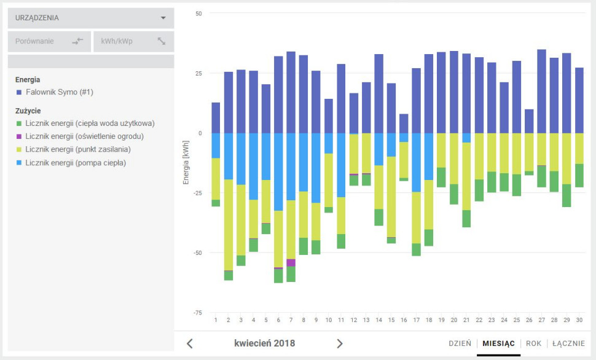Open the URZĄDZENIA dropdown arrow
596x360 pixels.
pyautogui.click(x=163, y=18)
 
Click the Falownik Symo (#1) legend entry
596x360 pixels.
pyautogui.click(x=59, y=92)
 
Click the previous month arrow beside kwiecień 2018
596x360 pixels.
pyautogui.click(x=190, y=343)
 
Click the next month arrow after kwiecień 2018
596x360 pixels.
pyautogui.click(x=340, y=343)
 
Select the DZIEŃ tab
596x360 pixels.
pyautogui.click(x=460, y=343)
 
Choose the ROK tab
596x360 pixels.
pyautogui.click(x=533, y=343)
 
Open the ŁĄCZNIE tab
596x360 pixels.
pyautogui.click(x=568, y=343)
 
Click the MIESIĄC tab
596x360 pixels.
pyautogui.click(x=498, y=343)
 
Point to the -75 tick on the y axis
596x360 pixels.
pyautogui.click(x=198, y=313)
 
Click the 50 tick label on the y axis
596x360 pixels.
pyautogui.click(x=198, y=14)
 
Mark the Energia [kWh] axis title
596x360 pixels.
pyautogui.click(x=186, y=163)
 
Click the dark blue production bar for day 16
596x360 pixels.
pyautogui.click(x=404, y=123)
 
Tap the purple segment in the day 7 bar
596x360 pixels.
pyautogui.click(x=291, y=262)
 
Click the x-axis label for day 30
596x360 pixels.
pyautogui.click(x=579, y=320)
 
